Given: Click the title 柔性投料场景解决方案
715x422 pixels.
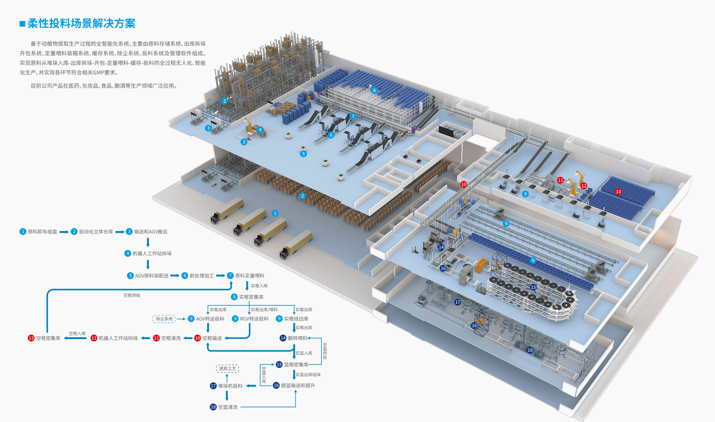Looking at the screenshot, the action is (x=81, y=24).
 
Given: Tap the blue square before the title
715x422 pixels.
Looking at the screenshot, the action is (x=22, y=24).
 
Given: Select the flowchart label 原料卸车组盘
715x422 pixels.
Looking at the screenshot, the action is (x=42, y=232).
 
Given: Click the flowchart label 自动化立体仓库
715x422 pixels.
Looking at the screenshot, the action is (x=96, y=232).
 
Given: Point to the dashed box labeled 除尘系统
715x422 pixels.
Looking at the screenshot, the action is (x=164, y=319).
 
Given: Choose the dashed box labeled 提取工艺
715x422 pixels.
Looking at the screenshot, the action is (x=227, y=368).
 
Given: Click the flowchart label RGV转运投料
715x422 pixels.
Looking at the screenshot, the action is (x=254, y=319).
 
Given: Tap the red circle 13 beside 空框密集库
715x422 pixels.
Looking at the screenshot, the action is (x=31, y=338).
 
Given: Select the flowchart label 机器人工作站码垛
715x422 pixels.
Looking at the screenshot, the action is (x=118, y=338).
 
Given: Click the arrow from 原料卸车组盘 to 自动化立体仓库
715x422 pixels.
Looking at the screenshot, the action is (x=64, y=232).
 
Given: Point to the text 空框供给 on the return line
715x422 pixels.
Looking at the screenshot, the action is (x=132, y=295).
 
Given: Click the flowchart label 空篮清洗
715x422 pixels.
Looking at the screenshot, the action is (x=228, y=407).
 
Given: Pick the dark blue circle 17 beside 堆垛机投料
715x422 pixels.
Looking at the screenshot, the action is (x=213, y=386).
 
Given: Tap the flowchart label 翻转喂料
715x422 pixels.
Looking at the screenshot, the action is (x=298, y=338).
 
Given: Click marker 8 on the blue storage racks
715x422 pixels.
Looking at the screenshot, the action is (x=375, y=90).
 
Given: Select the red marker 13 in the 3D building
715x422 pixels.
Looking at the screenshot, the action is (x=618, y=191).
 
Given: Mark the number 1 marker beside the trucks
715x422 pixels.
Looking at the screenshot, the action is (x=275, y=213).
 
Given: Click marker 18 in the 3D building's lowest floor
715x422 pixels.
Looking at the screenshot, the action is (x=530, y=350).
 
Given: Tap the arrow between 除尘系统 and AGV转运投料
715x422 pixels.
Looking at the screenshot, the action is (x=181, y=319).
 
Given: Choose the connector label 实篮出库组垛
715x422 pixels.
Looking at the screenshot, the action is (x=308, y=375).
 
